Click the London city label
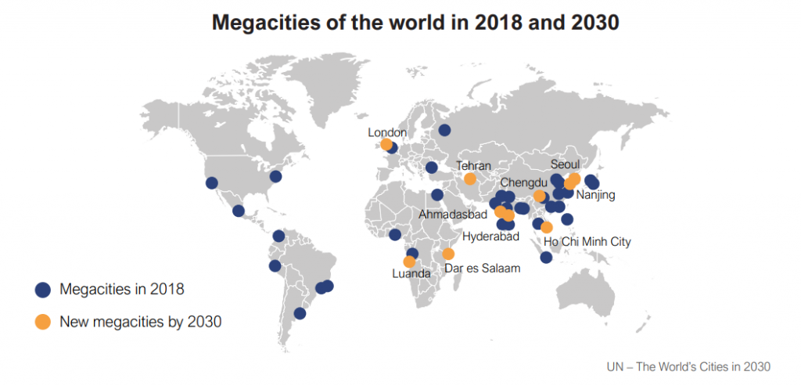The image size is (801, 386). pos(387,133)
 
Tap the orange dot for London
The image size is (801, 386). pos(386,145)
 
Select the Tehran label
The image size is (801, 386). pos(473,166)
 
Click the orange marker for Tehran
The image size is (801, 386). pos(470,179)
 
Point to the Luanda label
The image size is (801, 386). pos(411,274)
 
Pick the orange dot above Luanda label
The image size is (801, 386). pos(409,262)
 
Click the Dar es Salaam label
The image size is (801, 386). pos(483,268)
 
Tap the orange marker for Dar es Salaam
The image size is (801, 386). pos(448,254)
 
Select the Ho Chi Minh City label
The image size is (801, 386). pos(587,242)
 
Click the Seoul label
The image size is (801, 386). pos(566,165)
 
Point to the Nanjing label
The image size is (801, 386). pos(595,195)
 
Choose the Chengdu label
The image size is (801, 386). pos(523,182)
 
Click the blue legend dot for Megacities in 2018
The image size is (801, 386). pos(43,290)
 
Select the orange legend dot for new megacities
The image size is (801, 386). pos(43,322)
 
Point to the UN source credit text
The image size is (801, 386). pos(688,366)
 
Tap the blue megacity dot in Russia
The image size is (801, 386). pos(444,130)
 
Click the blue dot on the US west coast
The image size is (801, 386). pos(211,183)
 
